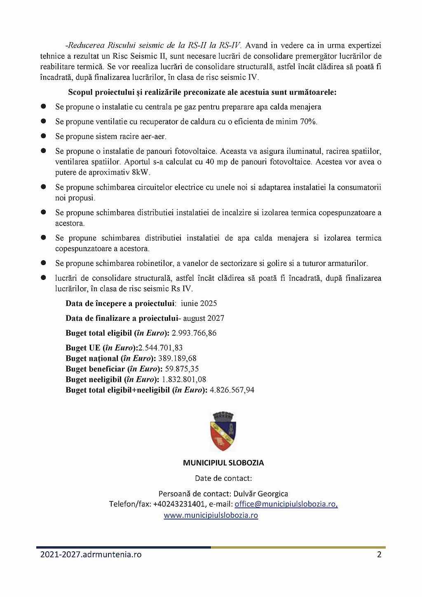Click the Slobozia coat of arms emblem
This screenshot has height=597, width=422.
223,432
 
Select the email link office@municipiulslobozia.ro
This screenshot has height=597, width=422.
286,504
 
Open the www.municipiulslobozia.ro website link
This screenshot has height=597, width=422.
211,515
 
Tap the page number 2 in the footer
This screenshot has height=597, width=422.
379,555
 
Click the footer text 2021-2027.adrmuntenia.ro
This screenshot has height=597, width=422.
91,555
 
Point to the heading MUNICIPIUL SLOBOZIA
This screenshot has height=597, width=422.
223,463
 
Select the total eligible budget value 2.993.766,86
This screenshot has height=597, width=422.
194,333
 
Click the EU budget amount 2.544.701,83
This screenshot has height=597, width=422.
160,348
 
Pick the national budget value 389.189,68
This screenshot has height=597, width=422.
177,358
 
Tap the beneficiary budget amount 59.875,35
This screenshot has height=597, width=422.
182,369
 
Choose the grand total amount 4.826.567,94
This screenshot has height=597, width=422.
232,390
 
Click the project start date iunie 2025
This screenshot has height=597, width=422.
199,303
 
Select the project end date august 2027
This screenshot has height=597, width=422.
204,318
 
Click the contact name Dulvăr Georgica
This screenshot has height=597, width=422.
260,494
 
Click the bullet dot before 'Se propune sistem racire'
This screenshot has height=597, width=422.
43,136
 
